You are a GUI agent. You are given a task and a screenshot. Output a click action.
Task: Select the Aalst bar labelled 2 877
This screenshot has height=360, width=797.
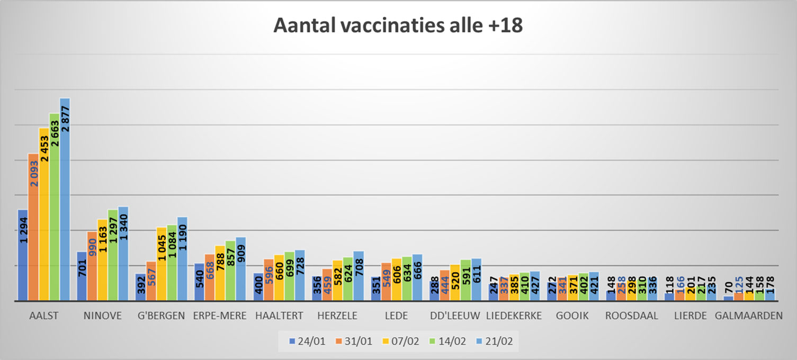65,201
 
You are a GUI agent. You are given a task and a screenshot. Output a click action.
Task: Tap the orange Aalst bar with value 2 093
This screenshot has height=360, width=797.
33,228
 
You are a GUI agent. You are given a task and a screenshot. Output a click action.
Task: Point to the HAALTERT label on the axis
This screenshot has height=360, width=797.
279,316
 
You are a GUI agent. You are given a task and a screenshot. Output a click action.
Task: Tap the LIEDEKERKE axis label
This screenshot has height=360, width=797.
514,316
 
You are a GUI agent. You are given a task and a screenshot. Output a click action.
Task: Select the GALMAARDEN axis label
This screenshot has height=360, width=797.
749,316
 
